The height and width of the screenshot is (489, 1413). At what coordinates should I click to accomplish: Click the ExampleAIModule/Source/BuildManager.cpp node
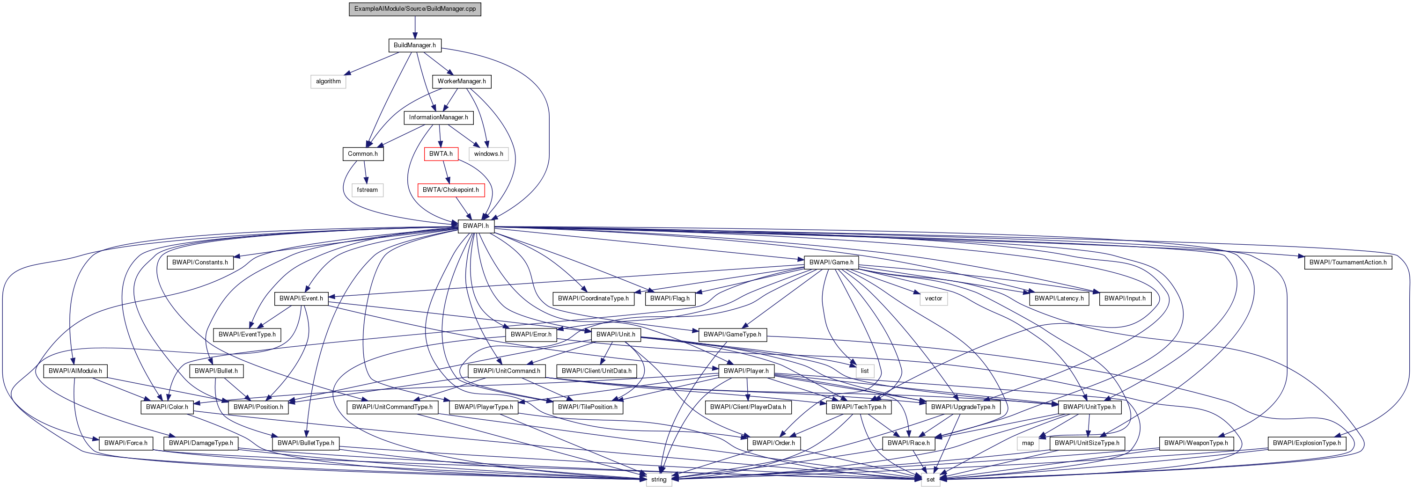point(415,9)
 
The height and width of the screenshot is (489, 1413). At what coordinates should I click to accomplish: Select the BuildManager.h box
point(415,45)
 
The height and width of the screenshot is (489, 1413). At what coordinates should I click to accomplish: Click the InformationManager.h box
point(438,118)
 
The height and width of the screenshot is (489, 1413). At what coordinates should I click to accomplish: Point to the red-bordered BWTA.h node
point(441,154)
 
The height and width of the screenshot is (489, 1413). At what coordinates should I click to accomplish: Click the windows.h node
point(488,154)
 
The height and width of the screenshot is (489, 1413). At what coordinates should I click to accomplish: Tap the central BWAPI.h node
point(476,226)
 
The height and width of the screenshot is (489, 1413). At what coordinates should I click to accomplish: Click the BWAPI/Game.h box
point(831,263)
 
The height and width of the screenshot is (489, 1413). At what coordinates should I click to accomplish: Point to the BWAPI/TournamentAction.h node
point(1348,263)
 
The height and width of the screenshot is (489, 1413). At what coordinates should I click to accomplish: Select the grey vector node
point(933,299)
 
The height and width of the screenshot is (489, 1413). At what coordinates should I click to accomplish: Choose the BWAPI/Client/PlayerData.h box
point(748,407)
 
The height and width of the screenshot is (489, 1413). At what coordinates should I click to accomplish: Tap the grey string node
point(658,480)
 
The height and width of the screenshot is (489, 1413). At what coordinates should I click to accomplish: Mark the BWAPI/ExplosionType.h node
point(1307,444)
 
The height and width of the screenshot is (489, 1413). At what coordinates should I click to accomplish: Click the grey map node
point(1027,444)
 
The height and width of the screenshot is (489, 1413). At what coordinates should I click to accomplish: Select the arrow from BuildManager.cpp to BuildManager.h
point(415,27)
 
